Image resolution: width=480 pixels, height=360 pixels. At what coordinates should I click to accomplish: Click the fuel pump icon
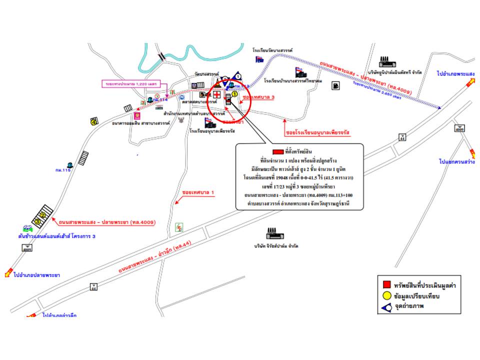coord(334,85)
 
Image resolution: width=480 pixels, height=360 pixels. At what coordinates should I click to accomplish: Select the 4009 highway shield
coord(459,128)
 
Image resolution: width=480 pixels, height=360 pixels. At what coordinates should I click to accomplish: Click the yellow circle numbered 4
coord(93,121)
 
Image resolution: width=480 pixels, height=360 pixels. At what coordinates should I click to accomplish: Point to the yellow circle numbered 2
coord(43,215)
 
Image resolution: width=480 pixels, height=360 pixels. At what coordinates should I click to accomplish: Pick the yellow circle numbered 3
coord(37,221)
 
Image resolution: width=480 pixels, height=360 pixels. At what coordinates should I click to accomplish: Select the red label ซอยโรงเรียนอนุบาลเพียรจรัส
coord(317,134)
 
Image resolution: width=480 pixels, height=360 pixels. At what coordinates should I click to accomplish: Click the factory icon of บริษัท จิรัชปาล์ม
coord(273,234)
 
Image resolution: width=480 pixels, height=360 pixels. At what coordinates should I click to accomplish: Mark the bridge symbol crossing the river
coord(162,56)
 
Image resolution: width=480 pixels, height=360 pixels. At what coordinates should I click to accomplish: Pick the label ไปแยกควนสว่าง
coord(455,162)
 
